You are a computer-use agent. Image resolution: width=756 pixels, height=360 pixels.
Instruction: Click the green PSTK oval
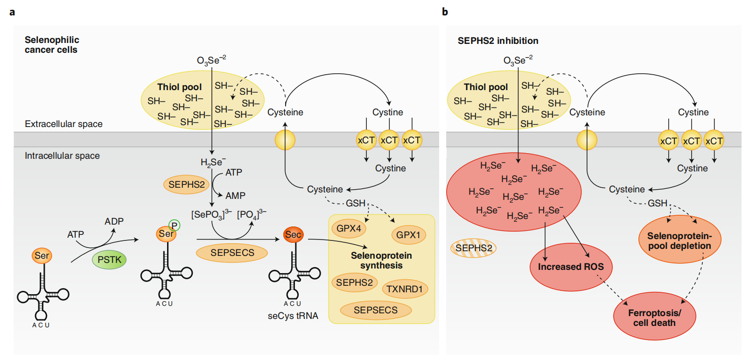click(x=110, y=260)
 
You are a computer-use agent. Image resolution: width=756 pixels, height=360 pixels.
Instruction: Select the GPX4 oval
click(x=349, y=228)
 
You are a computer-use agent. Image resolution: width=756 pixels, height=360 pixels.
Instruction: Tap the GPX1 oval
click(x=408, y=235)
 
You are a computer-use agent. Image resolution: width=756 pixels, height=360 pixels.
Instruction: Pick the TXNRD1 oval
click(x=405, y=289)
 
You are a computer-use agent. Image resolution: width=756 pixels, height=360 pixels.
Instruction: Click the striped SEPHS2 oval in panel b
click(x=474, y=248)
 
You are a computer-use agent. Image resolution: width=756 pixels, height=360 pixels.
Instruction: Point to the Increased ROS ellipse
click(x=571, y=267)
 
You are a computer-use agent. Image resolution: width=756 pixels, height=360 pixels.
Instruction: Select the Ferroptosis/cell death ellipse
click(x=654, y=318)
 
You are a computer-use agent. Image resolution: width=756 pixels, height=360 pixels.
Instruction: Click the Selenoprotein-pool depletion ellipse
click(x=679, y=240)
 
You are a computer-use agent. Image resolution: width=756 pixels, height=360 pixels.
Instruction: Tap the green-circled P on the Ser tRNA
click(x=174, y=226)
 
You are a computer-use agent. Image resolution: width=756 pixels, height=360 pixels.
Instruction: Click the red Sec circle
click(x=293, y=234)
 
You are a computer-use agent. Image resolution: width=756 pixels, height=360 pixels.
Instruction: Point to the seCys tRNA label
click(x=293, y=316)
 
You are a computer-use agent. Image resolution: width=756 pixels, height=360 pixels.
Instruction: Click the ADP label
click(x=114, y=221)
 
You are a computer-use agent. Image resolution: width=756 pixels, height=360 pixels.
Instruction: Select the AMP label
click(x=235, y=196)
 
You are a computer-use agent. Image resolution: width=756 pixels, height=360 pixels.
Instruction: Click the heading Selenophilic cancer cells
click(x=52, y=45)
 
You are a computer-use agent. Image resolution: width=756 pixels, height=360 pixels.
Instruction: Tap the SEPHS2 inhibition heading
click(x=498, y=41)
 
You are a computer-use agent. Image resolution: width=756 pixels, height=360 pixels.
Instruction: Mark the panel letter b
click(x=445, y=12)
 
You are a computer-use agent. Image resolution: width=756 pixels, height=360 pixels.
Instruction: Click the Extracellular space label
click(x=63, y=124)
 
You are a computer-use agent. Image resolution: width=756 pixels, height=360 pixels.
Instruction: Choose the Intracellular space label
click(x=62, y=155)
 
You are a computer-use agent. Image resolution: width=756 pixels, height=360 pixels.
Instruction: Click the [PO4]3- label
click(x=252, y=214)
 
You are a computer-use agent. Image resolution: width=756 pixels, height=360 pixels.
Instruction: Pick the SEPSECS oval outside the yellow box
click(x=232, y=253)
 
